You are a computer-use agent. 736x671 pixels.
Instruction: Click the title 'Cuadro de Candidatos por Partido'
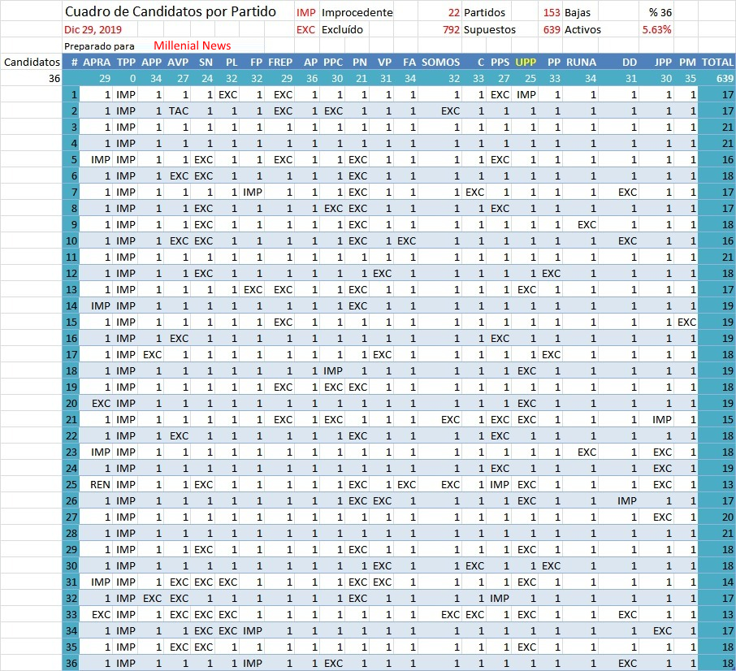[x=170, y=13]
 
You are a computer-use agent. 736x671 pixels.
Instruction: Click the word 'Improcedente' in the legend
[x=357, y=13]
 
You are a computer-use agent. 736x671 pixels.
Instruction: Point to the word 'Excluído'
[x=343, y=29]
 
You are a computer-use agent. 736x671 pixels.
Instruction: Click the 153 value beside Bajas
[x=552, y=13]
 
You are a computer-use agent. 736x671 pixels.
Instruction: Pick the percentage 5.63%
[x=656, y=29]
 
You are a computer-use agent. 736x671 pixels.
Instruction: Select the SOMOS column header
[x=441, y=62]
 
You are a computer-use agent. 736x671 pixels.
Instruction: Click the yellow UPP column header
[x=526, y=62]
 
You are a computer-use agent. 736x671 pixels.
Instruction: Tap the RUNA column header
[x=581, y=62]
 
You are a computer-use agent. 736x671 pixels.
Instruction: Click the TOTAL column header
[x=717, y=62]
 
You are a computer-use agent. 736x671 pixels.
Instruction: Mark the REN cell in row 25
[x=101, y=484]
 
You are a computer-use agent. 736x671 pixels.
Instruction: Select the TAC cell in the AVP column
[x=178, y=110]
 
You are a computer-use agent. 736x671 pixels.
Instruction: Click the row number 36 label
[x=73, y=663]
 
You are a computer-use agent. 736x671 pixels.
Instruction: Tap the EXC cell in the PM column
[x=687, y=322]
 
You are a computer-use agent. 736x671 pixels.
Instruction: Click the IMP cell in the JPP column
[x=662, y=419]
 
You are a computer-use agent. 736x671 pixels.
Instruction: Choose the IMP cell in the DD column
[x=626, y=500]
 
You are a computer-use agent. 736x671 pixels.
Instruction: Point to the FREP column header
[x=280, y=62]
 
